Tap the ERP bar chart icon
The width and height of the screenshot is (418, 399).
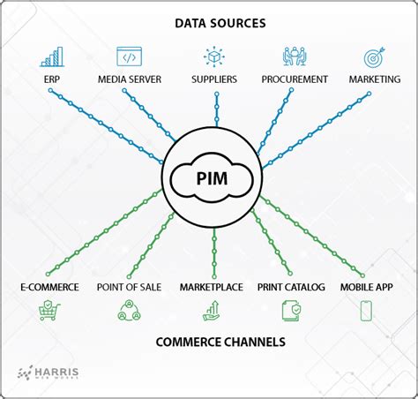coord(51,57)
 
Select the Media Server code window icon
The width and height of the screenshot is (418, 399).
coord(131,57)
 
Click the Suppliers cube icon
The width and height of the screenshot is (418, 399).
coord(214,57)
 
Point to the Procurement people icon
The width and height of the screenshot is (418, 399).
coord(294,57)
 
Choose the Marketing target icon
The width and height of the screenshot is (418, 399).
coord(375,57)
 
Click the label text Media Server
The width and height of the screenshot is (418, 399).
coord(131,79)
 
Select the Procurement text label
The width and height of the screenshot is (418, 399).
coord(295,79)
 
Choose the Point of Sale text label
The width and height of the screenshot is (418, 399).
coord(128,287)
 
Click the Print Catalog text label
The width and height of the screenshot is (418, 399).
coord(291,287)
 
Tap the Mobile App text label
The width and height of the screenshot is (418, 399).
coord(366,287)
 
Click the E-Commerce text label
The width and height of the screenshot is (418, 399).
coord(49,287)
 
